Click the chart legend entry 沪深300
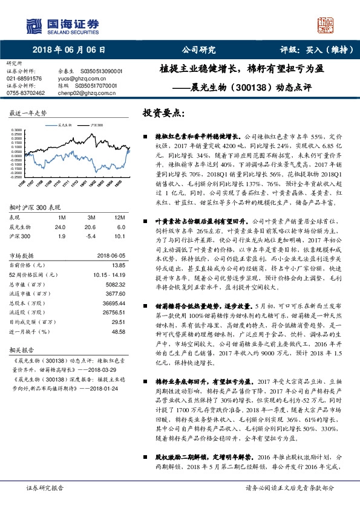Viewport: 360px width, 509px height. pyautogui.click(x=94, y=124)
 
